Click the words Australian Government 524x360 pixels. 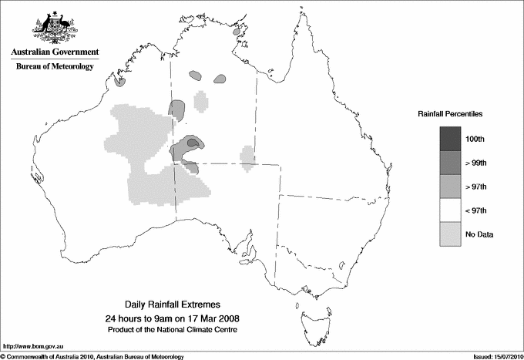(55, 52)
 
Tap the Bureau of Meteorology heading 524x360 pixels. (55, 67)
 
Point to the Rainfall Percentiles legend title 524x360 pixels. (450, 113)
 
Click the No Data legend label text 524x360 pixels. (479, 234)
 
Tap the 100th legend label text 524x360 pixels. (475, 138)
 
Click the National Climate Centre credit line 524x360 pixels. (173, 329)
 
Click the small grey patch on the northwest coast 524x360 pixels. (119, 79)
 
